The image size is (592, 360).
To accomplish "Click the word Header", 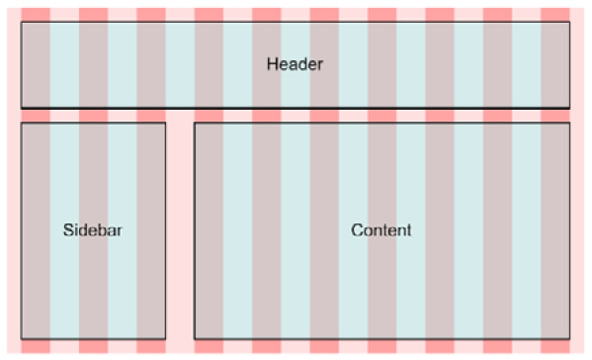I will [x=295, y=64].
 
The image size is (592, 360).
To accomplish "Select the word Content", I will [x=381, y=230].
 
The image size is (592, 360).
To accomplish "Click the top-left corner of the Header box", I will [x=21, y=22].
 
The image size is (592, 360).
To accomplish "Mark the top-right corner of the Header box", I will [x=570, y=22].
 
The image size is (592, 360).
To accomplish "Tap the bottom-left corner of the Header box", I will [x=21, y=107].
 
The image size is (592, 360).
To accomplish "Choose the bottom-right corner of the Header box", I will [x=570, y=107].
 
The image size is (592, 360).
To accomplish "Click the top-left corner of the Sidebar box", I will [x=21, y=123].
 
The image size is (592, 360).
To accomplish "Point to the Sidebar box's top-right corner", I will [x=165, y=123].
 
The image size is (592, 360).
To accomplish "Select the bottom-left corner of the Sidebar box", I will [x=21, y=339].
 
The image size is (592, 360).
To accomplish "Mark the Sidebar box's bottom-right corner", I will [x=165, y=339].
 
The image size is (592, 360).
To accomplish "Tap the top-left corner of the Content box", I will [x=194, y=123].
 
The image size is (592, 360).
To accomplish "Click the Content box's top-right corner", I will [x=570, y=123].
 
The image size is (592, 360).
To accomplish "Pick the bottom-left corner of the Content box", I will [x=194, y=339].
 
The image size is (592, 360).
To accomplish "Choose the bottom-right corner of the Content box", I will [x=570, y=339].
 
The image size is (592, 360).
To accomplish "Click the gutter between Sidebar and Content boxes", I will [x=180, y=230].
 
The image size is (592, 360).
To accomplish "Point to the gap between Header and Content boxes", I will [x=381, y=115].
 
